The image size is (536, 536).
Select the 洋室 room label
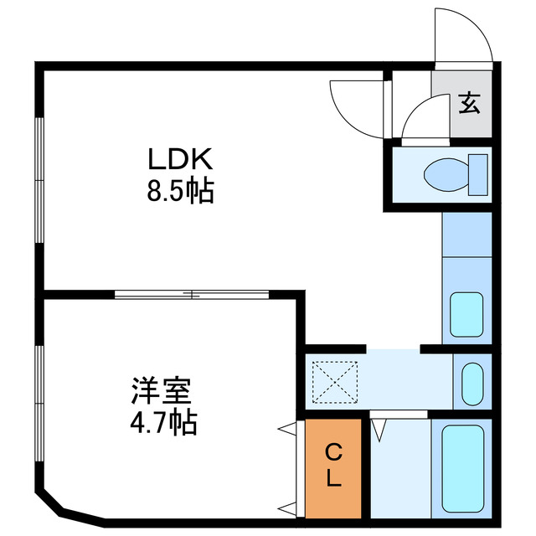[162, 391]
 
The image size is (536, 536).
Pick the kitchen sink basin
[466, 314]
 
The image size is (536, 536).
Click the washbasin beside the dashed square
[472, 381]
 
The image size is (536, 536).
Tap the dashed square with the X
[335, 381]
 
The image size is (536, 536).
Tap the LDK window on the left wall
[39, 180]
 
